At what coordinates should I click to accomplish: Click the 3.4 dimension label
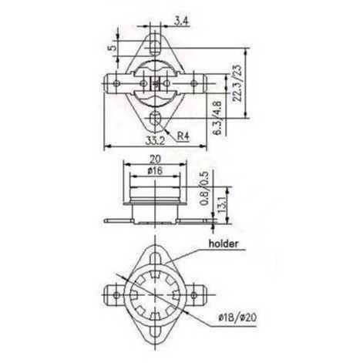(182, 22)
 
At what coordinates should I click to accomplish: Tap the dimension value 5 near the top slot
(113, 48)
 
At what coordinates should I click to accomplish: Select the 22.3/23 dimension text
(237, 82)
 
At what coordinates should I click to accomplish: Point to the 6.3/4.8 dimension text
(217, 118)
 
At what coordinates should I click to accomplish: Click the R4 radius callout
(183, 136)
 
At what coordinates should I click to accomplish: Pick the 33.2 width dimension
(155, 140)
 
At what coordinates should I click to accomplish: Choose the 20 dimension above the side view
(155, 160)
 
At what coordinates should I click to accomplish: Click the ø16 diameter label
(155, 171)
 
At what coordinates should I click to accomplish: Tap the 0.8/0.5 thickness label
(205, 188)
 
